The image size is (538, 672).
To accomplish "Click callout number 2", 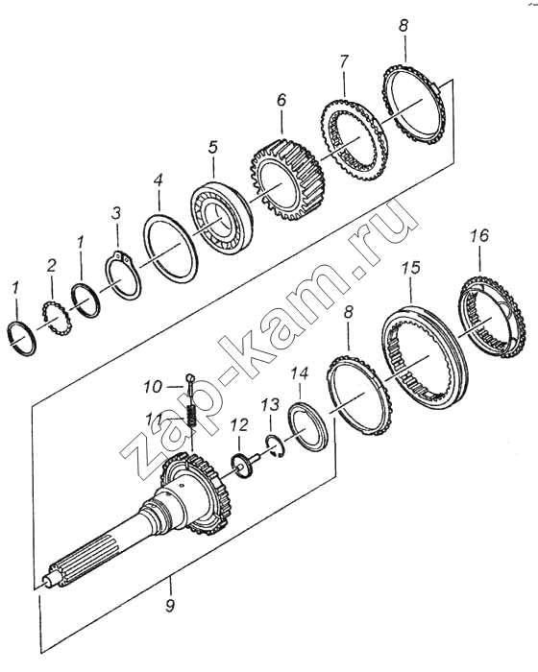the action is (x=51, y=266).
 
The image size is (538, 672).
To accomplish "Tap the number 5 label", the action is (x=212, y=147).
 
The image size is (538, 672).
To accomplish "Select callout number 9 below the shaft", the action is (x=170, y=606).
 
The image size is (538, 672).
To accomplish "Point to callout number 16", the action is (x=478, y=235).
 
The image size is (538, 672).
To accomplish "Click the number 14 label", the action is (x=299, y=373).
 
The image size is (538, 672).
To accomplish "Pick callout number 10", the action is (x=153, y=387).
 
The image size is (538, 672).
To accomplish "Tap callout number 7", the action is (x=343, y=61).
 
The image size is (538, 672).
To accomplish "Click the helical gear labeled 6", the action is (x=287, y=179).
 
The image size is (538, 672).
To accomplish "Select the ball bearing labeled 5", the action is (x=221, y=218).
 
